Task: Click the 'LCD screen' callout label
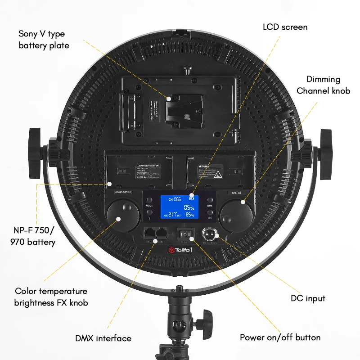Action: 285,27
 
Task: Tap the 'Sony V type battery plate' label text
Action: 44,40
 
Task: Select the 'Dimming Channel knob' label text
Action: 323,85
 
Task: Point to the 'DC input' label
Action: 308,298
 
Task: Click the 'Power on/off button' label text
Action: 280,337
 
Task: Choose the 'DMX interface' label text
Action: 103,338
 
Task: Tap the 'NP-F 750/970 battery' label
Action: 34,236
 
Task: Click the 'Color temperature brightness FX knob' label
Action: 51,297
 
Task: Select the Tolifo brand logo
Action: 180,250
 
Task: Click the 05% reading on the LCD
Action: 189,207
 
